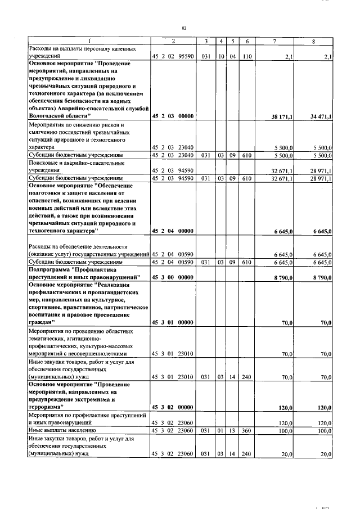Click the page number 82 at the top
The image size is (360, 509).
point(184,28)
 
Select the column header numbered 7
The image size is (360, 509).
point(274,42)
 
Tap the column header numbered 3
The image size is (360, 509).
point(207,42)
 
